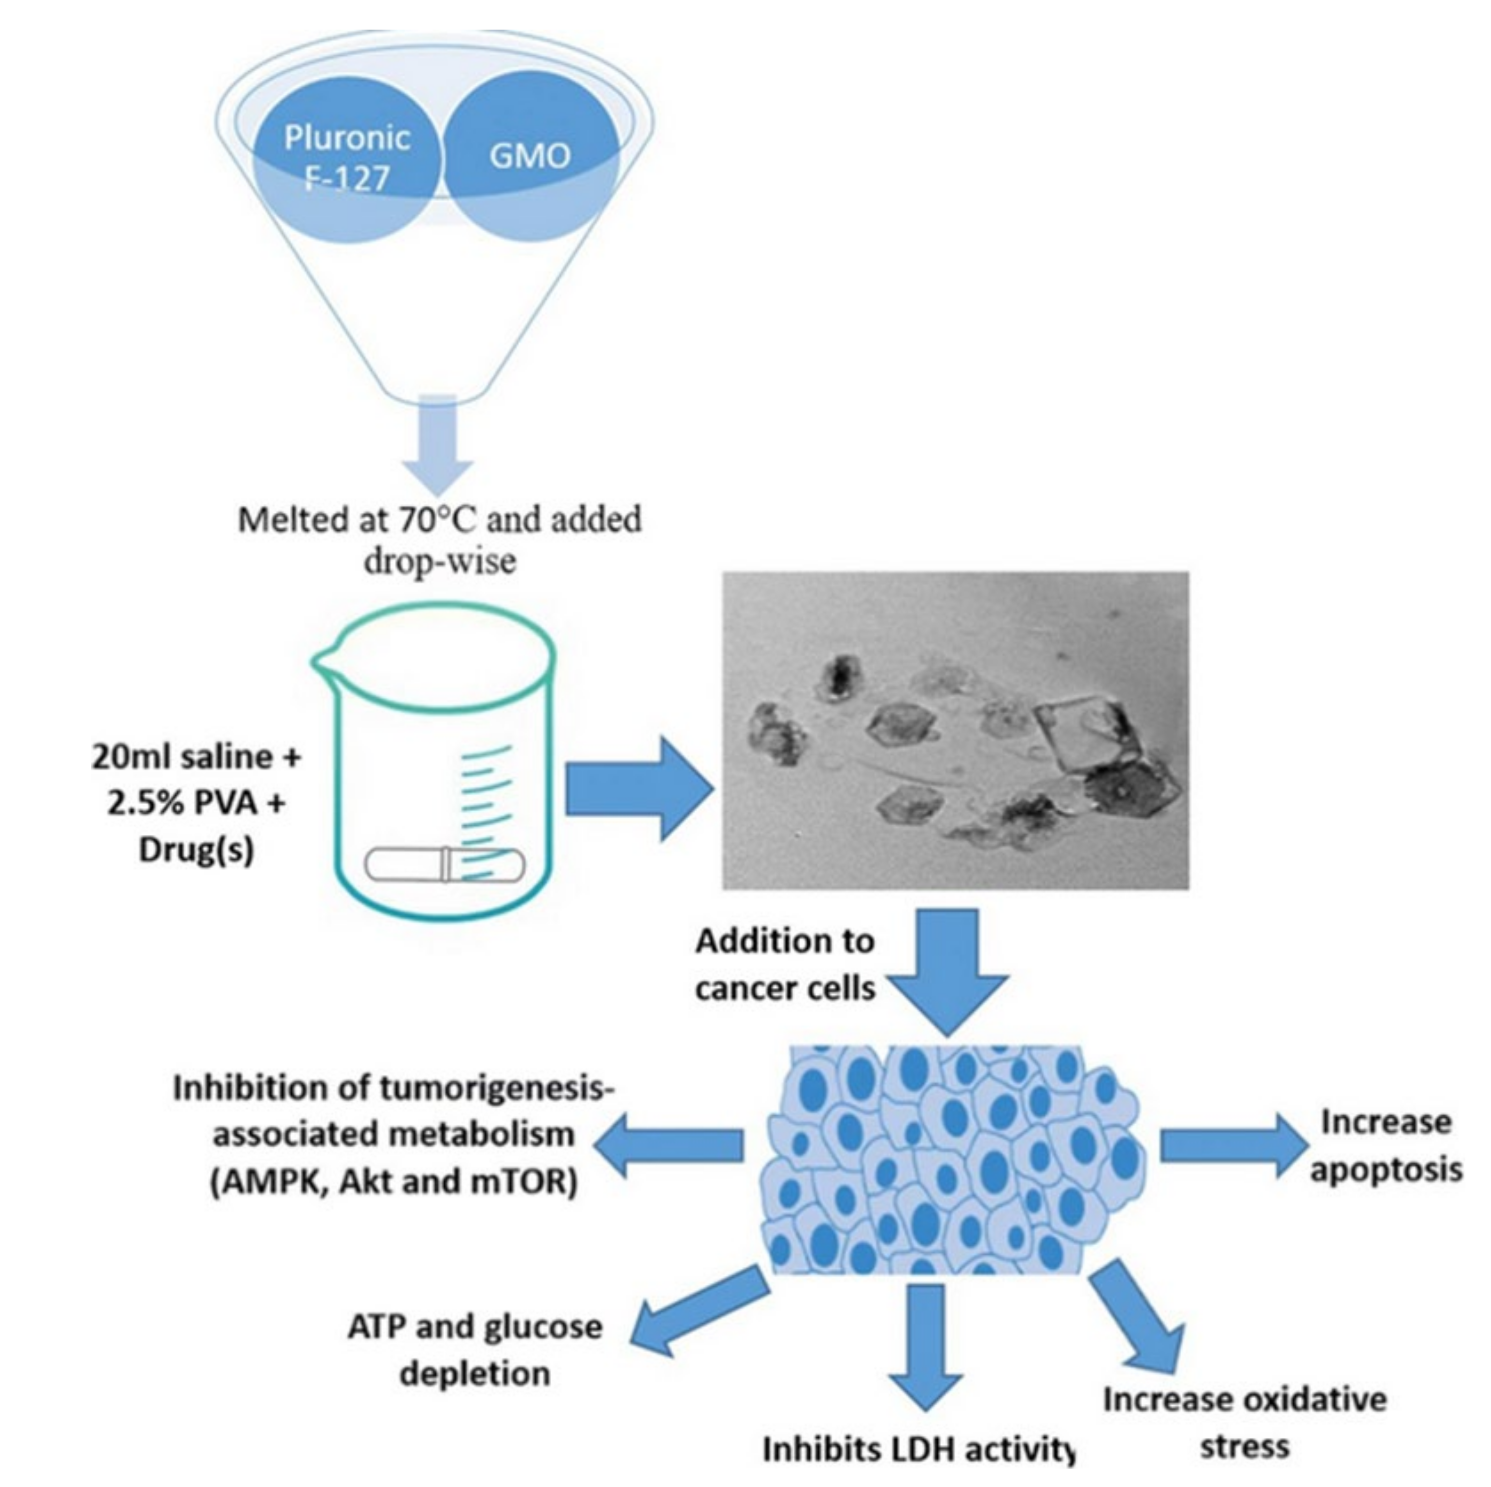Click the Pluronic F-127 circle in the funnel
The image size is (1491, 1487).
click(x=347, y=158)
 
